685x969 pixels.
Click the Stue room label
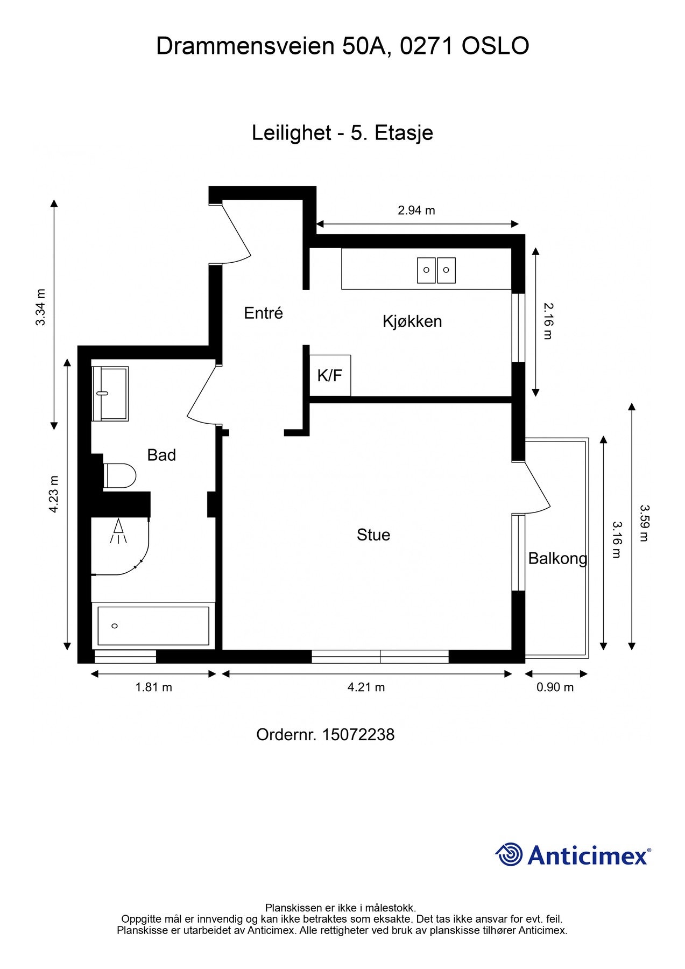point(373,535)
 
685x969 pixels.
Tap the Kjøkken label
point(412,321)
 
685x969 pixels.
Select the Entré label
point(264,313)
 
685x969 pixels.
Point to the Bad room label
point(161,455)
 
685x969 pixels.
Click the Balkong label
point(558,559)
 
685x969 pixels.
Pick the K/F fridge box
point(330,375)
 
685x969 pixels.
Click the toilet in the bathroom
point(119,476)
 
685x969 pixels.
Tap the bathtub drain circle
point(114,626)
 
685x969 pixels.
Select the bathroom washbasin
point(110,394)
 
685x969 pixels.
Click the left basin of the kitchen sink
point(426,270)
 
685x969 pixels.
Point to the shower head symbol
point(118,531)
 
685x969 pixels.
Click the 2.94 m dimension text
point(416,210)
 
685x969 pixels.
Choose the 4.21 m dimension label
point(366,687)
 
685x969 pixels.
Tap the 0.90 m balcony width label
point(555,687)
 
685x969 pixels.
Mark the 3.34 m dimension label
point(41,307)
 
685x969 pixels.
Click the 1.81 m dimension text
point(154,687)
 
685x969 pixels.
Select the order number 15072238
point(358,735)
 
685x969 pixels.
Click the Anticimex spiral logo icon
point(509,855)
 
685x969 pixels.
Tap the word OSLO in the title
point(496,46)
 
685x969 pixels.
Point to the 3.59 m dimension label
point(644,523)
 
